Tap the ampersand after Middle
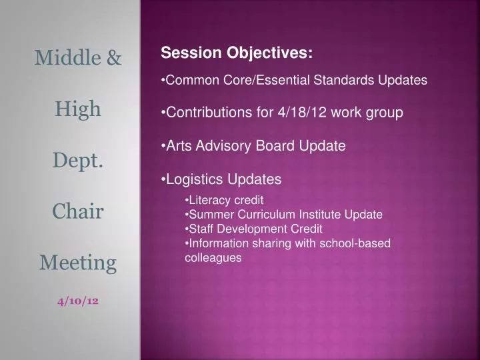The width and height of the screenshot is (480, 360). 113,58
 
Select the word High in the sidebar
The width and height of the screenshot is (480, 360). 78,108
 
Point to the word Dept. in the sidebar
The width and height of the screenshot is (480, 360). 78,160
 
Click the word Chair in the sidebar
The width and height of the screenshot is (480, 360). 78,211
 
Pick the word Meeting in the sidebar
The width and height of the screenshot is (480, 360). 78,263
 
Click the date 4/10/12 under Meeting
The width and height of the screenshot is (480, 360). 78,301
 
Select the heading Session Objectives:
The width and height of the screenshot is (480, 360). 236,53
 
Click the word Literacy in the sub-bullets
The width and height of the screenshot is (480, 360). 211,200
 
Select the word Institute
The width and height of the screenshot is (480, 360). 312,215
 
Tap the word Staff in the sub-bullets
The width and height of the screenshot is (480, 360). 201,229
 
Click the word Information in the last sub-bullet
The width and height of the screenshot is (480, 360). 219,243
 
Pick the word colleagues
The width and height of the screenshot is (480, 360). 213,257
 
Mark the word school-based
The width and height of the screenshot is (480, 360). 357,243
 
